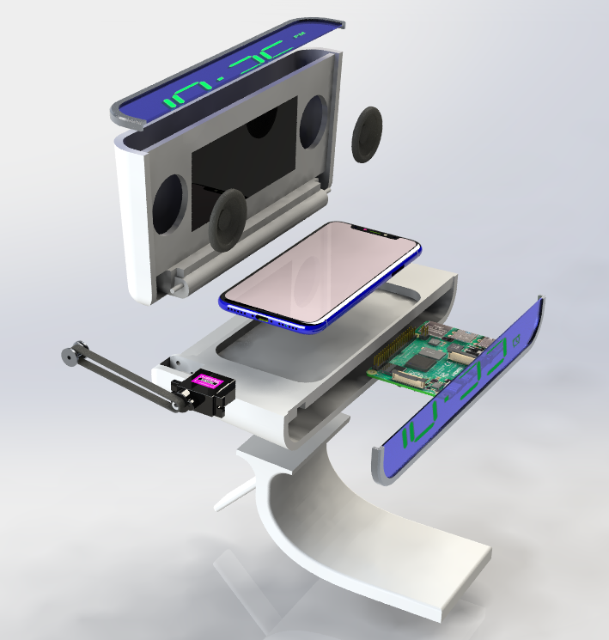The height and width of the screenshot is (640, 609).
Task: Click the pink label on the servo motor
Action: coord(209,381)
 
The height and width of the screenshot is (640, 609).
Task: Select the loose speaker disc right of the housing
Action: coord(368,135)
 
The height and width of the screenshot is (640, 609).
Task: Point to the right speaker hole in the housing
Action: coord(312,119)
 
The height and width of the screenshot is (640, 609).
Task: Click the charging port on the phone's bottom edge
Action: coord(259,319)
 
